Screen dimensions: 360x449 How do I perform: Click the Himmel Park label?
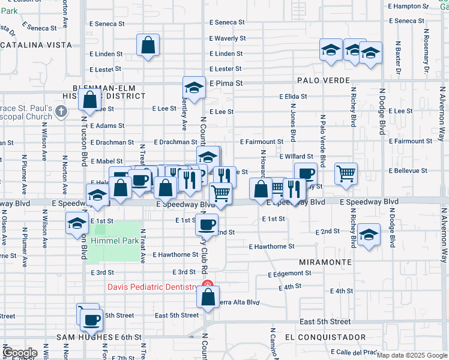pos(114,241)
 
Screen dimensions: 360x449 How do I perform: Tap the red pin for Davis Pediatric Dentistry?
pos(207,285)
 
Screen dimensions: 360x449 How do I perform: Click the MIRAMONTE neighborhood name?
pos(325,263)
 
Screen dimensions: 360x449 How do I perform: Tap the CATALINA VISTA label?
pos(36,45)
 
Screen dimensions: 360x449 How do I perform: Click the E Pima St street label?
pos(226,83)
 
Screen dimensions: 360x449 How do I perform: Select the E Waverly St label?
pos(228,38)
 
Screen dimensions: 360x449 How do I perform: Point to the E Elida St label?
pos(294,96)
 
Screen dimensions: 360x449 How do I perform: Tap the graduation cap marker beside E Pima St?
pos(194,88)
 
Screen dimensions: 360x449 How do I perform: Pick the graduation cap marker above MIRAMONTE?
pos(369,234)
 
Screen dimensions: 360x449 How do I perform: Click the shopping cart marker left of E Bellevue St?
pos(346,174)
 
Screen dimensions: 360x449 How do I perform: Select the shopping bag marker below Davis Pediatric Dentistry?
pos(208,297)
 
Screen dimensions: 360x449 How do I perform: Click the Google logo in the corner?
pos(20,353)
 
